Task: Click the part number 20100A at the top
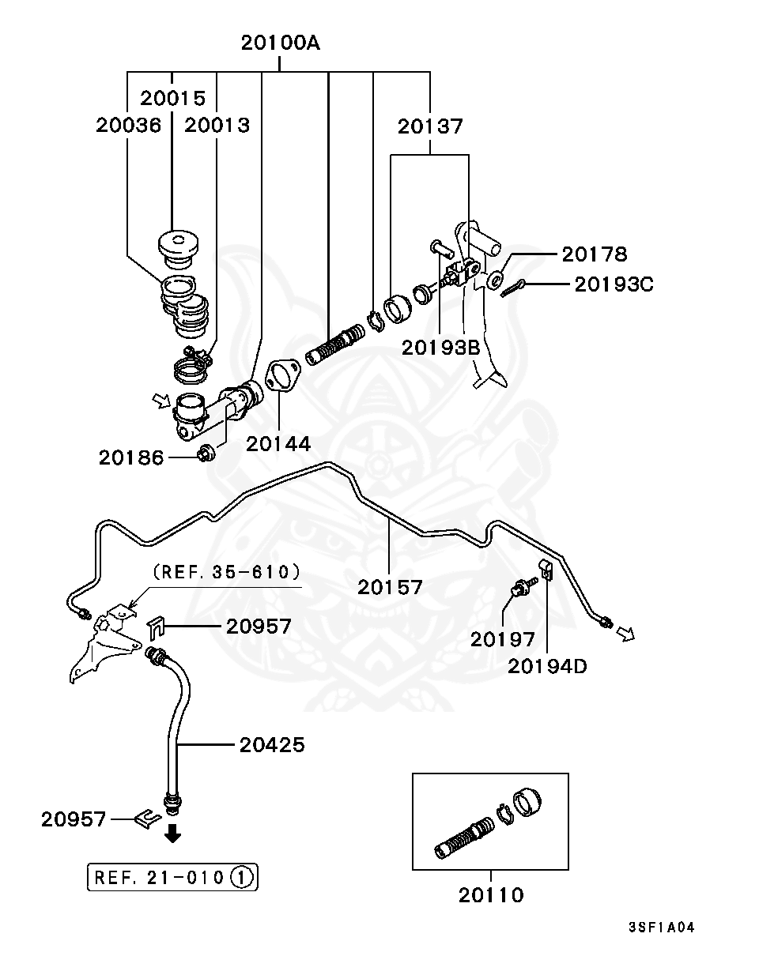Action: coord(281,43)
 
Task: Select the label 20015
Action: coord(173,98)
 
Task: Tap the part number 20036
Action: coord(129,125)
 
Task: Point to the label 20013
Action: coord(217,125)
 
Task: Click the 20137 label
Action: coord(430,126)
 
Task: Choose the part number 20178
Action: coord(595,254)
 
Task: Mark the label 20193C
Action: coord(614,284)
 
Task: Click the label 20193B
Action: coord(441,348)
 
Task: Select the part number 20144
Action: coord(278,444)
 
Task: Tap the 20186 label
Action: coord(131,457)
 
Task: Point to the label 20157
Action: coord(390,587)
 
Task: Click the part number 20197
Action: coord(503,638)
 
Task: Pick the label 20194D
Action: coord(547,666)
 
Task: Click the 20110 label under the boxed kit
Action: coord(491,895)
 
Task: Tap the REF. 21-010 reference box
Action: coord(172,876)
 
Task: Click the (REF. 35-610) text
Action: coord(226,571)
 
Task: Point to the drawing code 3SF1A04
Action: coord(661,928)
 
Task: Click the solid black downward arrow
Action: coord(172,833)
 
